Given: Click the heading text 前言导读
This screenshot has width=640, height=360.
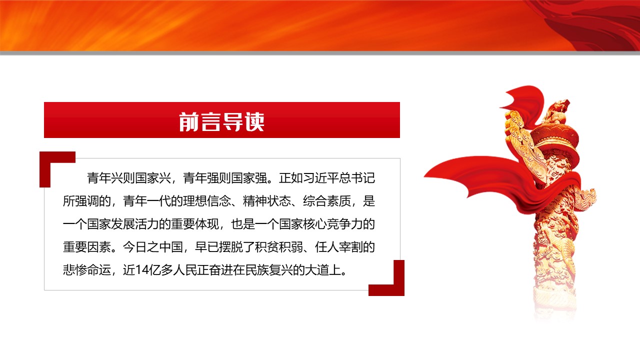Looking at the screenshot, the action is tap(221, 121).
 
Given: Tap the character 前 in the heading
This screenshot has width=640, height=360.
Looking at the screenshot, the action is tap(189, 121).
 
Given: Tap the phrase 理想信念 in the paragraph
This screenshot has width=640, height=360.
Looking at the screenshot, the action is tap(207, 201).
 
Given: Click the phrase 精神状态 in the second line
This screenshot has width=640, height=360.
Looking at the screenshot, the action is tap(267, 201).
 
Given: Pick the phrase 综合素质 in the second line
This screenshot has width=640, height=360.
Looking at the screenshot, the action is tap(327, 201).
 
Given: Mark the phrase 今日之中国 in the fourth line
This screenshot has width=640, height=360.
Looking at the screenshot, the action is tap(153, 247).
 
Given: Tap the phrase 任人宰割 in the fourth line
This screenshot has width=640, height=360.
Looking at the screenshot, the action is tap(339, 247).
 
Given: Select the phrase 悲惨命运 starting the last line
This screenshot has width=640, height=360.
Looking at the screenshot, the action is tap(87, 270).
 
